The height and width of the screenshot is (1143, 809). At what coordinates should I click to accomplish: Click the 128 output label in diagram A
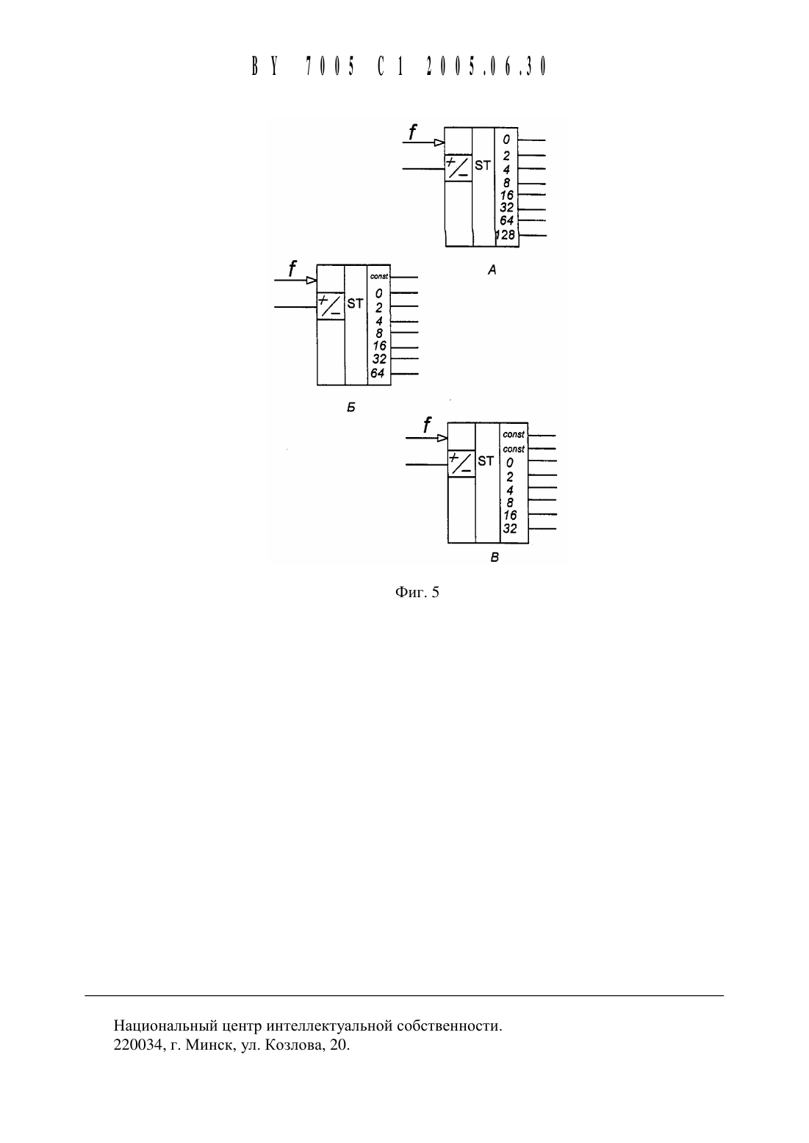[x=506, y=235]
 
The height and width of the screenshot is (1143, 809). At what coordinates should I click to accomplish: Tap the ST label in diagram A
[x=482, y=165]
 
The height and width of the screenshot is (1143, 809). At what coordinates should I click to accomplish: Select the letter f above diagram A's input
[x=412, y=131]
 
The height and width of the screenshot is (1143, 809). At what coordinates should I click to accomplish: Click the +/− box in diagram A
[x=459, y=168]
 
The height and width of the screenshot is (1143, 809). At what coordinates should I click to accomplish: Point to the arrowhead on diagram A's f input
[x=439, y=143]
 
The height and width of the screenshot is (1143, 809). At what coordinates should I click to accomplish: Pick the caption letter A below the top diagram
[x=492, y=270]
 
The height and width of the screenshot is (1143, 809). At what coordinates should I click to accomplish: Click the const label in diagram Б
[x=379, y=276]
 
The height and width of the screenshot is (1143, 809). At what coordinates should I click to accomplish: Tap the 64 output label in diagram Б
[x=378, y=373]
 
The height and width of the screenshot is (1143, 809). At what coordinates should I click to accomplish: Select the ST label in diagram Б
[x=355, y=303]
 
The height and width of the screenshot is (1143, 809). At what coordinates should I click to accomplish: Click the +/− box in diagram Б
[x=331, y=306]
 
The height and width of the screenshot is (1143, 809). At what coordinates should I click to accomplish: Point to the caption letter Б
[x=351, y=407]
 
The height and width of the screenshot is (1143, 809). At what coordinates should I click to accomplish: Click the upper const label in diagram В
[x=514, y=434]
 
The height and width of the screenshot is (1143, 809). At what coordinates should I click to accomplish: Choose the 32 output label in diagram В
[x=510, y=529]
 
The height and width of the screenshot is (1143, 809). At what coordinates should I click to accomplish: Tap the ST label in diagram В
[x=486, y=461]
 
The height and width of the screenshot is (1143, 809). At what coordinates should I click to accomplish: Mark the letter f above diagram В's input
[x=427, y=425]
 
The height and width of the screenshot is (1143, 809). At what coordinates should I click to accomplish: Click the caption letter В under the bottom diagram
[x=494, y=558]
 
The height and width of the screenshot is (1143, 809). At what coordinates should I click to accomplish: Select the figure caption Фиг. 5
[x=417, y=592]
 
